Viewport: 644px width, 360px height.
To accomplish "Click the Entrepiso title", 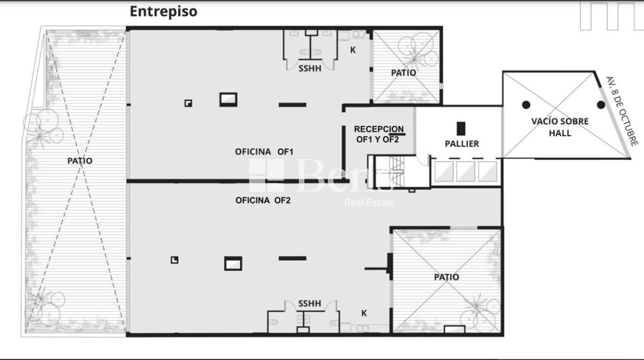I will [163, 11].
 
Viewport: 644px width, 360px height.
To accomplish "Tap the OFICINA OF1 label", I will [264, 152].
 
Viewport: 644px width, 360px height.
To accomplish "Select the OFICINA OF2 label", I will [263, 201].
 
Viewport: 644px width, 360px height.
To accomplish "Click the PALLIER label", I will [462, 144].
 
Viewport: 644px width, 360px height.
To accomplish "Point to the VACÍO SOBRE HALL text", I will [560, 127].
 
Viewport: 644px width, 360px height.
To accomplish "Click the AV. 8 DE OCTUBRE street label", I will [621, 110].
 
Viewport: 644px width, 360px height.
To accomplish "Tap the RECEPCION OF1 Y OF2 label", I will [378, 134].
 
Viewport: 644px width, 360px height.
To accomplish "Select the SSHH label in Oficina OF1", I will [310, 68].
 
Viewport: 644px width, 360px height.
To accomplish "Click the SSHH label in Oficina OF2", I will [310, 304].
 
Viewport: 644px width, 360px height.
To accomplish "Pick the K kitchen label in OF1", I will [353, 50].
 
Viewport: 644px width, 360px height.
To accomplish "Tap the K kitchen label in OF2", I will [364, 313].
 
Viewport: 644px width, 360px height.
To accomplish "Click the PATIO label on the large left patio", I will [79, 160].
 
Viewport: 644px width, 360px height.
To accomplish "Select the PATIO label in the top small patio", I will [403, 72].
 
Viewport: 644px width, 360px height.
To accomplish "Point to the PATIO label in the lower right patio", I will [446, 277].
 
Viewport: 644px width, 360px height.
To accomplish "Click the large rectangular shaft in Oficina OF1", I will [228, 99].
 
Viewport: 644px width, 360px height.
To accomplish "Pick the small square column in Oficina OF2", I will [174, 260].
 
